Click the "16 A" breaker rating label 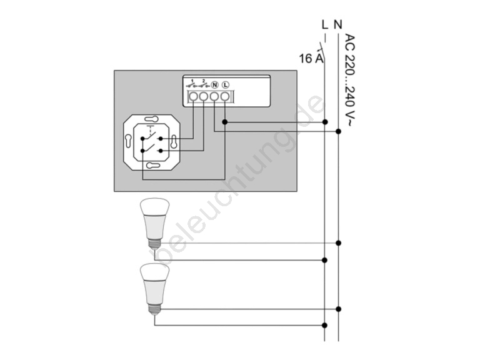pos(311,58)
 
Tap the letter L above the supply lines pos(325,24)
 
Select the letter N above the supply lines pos(338,24)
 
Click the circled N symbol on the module pos(215,84)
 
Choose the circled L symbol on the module pos(225,84)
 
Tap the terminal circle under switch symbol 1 pos(193,97)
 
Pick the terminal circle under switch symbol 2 pos(204,97)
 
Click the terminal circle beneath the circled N pos(214,97)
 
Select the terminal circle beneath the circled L pos(225,97)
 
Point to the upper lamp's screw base pos(154,244)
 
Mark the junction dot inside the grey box pos(225,122)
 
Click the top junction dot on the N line pos(338,131)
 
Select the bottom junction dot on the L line pos(325,326)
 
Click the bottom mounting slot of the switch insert pos(153,166)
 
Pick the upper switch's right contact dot pos(161,139)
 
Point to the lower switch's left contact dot pos(142,151)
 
